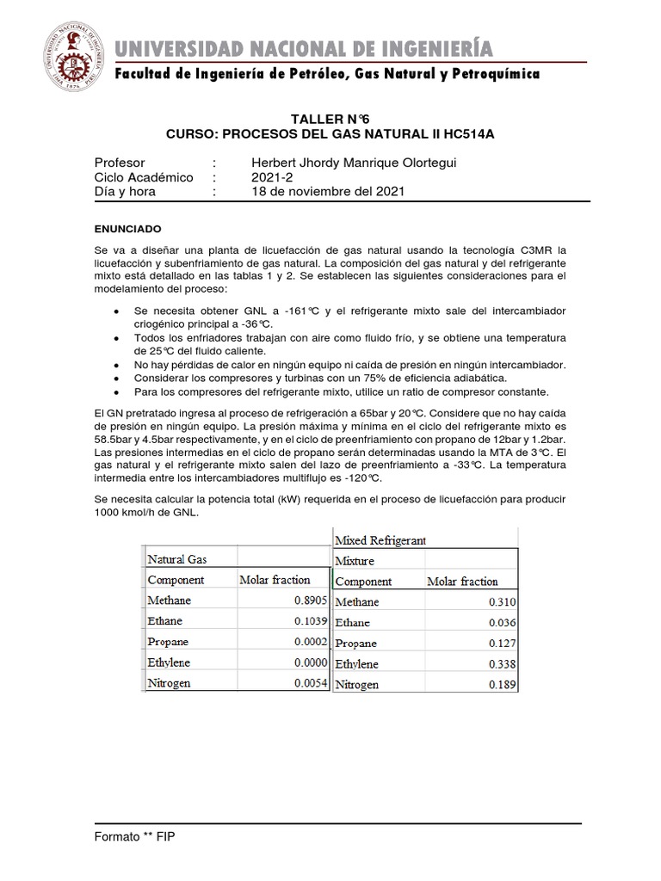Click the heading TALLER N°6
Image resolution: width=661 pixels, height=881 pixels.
(x=330, y=119)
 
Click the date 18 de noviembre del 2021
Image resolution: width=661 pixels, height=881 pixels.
(x=326, y=192)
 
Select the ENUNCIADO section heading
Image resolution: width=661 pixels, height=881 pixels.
(x=126, y=230)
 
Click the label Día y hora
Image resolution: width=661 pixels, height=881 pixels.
(x=124, y=192)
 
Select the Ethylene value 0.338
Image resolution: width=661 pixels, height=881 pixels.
(x=499, y=664)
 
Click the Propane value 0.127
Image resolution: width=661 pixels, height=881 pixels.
(x=499, y=644)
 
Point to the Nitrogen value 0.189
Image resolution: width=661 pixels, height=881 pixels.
(x=499, y=685)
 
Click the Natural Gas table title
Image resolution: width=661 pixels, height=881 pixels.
(x=177, y=559)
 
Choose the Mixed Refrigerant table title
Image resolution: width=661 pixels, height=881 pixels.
(x=380, y=540)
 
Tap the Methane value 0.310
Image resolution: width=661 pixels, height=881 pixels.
(x=499, y=602)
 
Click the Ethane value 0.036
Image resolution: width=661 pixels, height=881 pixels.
(x=499, y=623)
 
